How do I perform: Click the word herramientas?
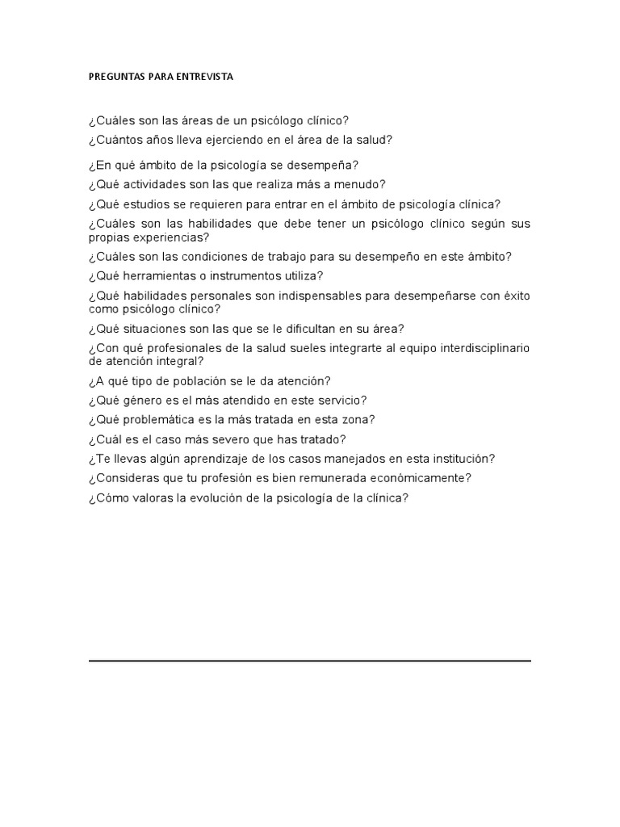coord(153,276)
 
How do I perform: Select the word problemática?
coord(153,420)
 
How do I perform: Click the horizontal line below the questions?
coord(310,661)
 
